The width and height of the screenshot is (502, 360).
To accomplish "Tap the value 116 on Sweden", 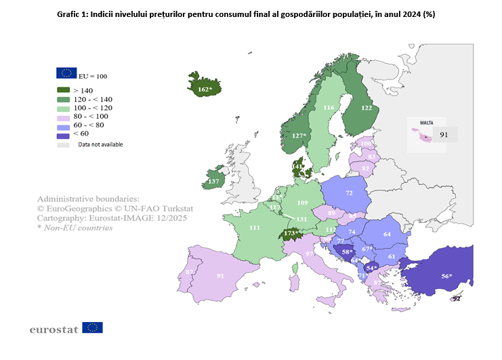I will (329, 107).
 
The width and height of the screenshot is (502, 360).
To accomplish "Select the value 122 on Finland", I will (367, 107).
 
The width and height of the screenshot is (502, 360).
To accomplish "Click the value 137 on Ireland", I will (214, 181).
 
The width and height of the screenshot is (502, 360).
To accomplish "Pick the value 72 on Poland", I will (350, 193).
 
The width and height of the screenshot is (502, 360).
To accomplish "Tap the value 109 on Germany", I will (303, 203).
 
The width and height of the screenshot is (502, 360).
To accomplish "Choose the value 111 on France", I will (255, 228).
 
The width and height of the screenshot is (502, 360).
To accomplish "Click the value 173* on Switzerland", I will (292, 233).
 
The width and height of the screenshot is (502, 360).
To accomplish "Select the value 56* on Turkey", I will (446, 276).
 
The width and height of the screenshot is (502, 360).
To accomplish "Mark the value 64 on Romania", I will (388, 235).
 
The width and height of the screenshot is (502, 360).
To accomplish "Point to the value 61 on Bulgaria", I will (392, 257).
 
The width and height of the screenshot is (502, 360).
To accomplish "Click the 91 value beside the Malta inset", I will (445, 135).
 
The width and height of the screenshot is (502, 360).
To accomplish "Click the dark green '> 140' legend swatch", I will (64, 90).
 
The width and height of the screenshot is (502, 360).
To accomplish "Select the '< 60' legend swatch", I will (64, 134).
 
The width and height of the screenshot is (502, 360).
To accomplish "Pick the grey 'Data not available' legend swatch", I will (64, 144).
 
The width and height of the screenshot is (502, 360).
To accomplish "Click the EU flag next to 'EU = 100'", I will (66, 73).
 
